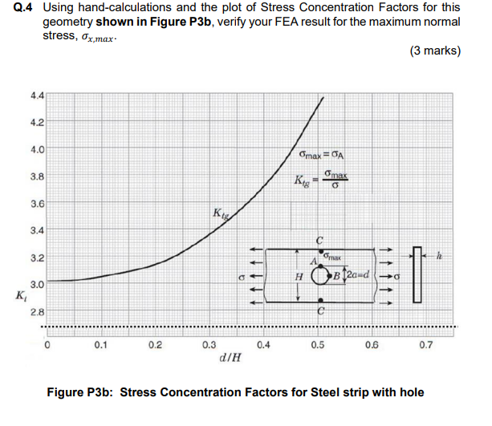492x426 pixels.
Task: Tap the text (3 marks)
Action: [x=434, y=51]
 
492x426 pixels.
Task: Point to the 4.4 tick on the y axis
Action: [x=38, y=94]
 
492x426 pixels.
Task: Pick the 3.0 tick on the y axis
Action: [x=38, y=285]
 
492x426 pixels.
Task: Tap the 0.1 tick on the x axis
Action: [x=100, y=347]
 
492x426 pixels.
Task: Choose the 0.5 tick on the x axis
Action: [x=318, y=347]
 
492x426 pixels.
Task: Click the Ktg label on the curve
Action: [x=220, y=213]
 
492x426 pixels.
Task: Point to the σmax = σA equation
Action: [x=320, y=152]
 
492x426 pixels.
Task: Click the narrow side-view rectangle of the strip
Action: [x=416, y=273]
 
